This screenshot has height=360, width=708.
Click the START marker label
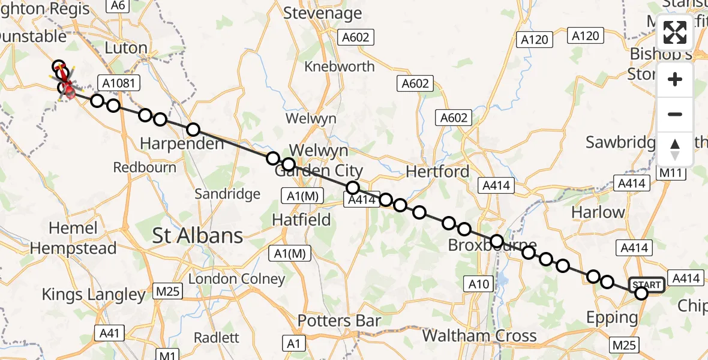click(646, 285)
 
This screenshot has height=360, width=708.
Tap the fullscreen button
click(675, 32)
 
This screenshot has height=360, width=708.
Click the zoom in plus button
click(675, 79)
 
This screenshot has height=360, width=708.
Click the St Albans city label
click(198, 235)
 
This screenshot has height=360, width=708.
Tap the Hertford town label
click(437, 172)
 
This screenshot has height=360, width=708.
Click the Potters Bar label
click(339, 321)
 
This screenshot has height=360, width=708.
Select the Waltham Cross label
click(479, 335)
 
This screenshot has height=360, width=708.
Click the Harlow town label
click(598, 212)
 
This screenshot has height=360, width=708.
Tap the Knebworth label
click(340, 66)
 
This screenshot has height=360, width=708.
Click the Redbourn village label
click(145, 167)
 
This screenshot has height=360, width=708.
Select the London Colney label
click(236, 279)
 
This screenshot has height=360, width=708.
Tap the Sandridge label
click(228, 194)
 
